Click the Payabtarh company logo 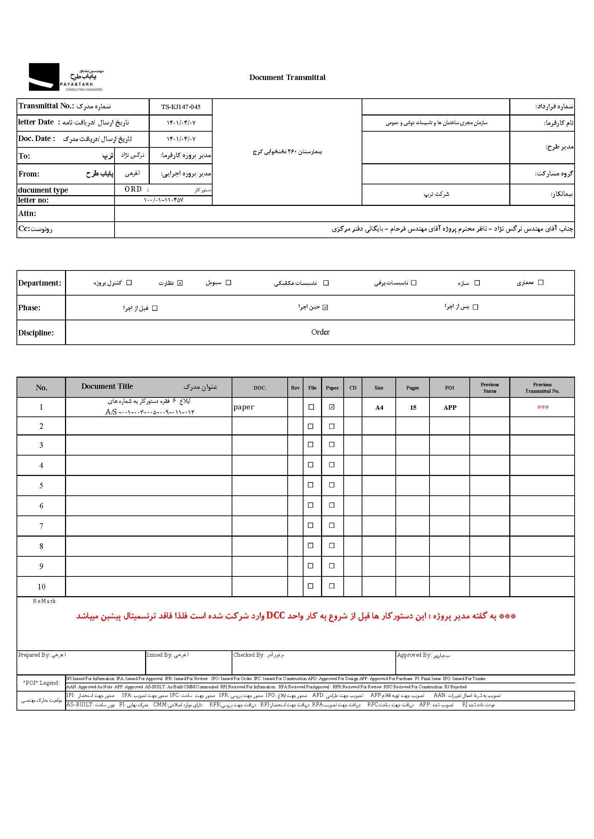point(66,77)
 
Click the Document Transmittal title point(287,77)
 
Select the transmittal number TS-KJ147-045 point(181,107)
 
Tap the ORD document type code point(133,189)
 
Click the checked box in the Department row point(180,283)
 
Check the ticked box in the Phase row point(325,307)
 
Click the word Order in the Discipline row point(320,332)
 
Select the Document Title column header point(107,387)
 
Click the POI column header point(450,388)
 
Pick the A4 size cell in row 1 point(379,407)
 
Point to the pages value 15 point(413,407)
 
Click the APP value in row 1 point(450,407)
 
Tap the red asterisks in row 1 point(543,407)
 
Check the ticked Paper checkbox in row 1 point(332,407)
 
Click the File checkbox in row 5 point(311,485)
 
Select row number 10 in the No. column point(41,587)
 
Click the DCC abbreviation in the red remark point(275,616)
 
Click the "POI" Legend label point(41,683)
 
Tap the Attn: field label point(27,213)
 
